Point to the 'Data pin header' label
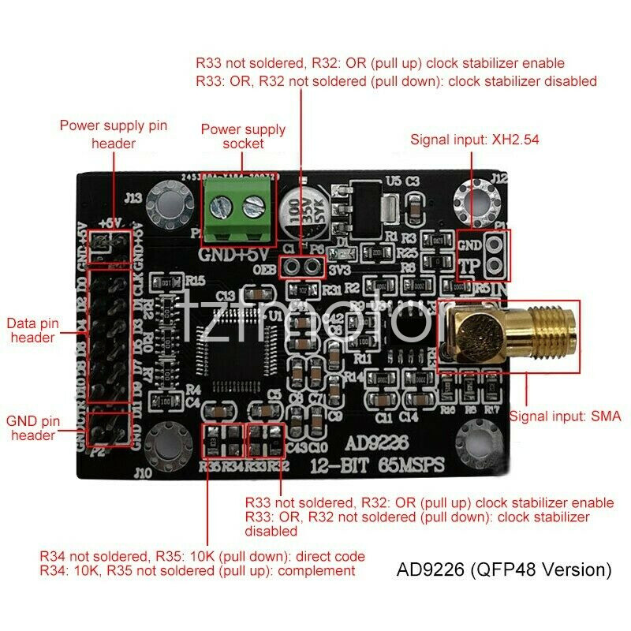tap(32, 330)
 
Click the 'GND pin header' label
tap(32, 428)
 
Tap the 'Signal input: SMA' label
tap(566, 416)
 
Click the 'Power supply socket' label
tap(243, 136)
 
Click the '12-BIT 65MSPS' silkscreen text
tap(377, 463)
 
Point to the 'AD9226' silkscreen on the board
tap(377, 442)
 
